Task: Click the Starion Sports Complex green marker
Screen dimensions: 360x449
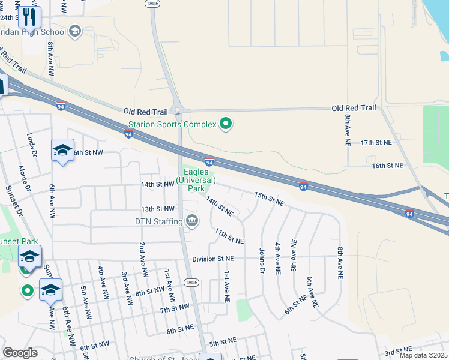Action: (226, 124)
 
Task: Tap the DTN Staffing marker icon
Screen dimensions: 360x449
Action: (191, 221)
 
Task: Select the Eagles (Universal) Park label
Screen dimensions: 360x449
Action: (196, 179)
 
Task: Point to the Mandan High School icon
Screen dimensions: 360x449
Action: (75, 31)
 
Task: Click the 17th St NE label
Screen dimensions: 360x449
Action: (376, 143)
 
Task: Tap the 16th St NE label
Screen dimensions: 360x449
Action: (386, 165)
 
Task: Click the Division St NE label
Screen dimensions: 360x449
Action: (216, 259)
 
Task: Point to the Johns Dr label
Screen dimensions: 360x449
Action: (262, 261)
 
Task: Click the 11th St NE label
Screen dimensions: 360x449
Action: (229, 236)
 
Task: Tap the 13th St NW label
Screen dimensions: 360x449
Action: (157, 209)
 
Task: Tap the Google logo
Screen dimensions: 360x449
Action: (20, 353)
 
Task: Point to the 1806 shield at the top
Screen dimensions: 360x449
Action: (151, 4)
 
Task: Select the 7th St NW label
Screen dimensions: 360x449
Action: (175, 309)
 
